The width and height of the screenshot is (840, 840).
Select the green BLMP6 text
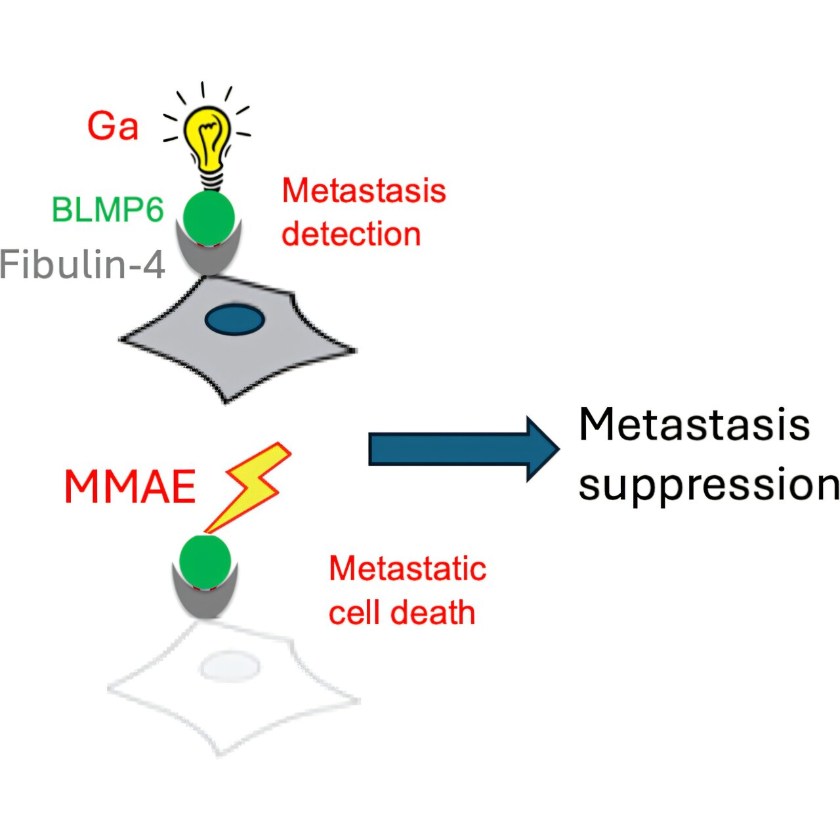coord(108,210)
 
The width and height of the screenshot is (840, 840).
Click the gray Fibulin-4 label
coord(83,264)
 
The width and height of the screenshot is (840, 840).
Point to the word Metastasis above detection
coord(364,191)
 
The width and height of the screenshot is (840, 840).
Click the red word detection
coord(351,234)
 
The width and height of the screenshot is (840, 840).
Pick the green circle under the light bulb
coord(208,217)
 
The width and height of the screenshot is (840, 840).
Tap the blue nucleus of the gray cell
coord(235,320)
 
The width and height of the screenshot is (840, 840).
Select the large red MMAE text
coord(130,487)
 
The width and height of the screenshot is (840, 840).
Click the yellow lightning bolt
coord(253,486)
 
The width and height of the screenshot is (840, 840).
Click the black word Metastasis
coord(694,425)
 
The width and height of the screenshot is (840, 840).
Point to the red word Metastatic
coord(408,569)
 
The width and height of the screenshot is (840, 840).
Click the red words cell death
coord(402,612)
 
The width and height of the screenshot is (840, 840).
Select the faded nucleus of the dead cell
coord(229,668)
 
